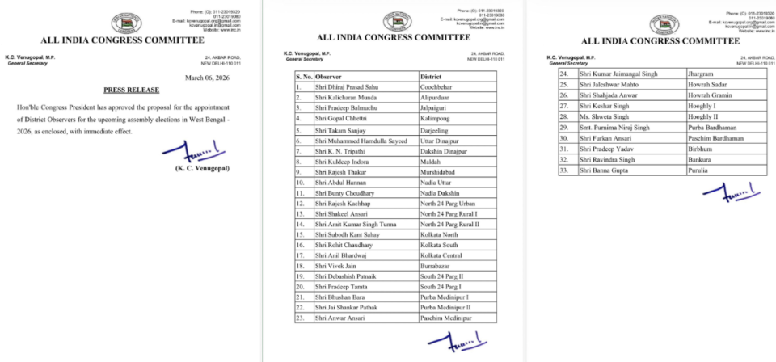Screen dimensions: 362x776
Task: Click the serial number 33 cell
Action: tap(566, 170)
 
